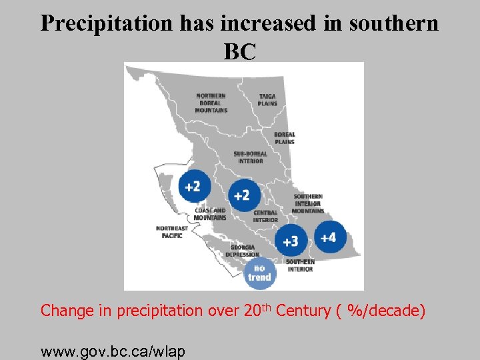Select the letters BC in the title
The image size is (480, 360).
(240, 51)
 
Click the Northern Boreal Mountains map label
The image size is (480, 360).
(211, 103)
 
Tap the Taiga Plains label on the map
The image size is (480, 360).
(268, 100)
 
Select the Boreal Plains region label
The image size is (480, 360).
(284, 138)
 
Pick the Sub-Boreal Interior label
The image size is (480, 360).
(251, 157)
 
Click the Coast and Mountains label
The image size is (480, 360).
(210, 214)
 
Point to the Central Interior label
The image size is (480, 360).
(265, 216)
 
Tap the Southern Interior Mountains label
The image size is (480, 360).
(308, 203)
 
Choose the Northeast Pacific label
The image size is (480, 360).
(171, 232)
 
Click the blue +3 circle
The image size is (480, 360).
(291, 240)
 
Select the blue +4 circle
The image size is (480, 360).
(329, 237)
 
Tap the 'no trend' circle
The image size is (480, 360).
(259, 273)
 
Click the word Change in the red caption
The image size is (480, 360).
(63, 311)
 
